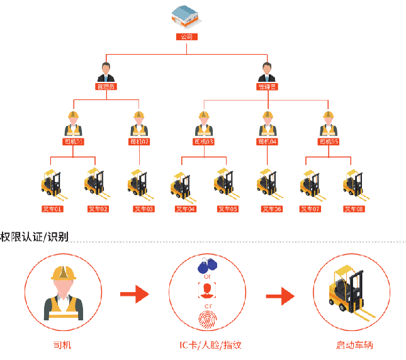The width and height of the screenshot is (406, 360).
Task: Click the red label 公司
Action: coord(186,37)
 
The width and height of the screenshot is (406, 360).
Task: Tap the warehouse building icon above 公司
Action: coord(186,17)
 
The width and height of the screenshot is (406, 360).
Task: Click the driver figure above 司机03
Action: coord(203,124)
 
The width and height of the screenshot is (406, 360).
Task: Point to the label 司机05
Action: coord(328,142)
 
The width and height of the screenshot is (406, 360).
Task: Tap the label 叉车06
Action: coord(272,208)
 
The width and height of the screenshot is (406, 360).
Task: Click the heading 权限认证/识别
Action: coord(35,237)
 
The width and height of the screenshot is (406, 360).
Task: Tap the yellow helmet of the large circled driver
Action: coord(64,272)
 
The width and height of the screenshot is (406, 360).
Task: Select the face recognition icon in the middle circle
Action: coord(206,290)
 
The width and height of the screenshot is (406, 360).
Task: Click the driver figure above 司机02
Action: coord(139,124)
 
